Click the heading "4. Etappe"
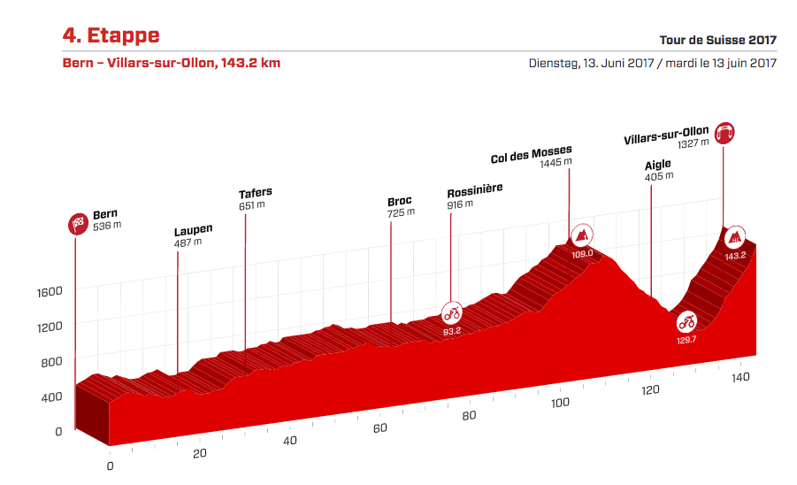tap(111, 35)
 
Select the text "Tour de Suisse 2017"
tap(717, 40)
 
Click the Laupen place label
tap(193, 230)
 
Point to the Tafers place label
tap(255, 193)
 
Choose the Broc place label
tap(400, 201)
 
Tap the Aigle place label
tap(657, 165)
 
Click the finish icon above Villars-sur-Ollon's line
tap(725, 133)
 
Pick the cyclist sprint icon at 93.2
tap(452, 313)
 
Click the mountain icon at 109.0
tap(582, 235)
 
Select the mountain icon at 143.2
tap(735, 237)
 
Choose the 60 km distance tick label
tap(379, 429)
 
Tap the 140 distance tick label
tap(741, 377)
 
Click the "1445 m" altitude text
tap(556, 162)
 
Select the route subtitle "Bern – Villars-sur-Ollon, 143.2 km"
tap(172, 63)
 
